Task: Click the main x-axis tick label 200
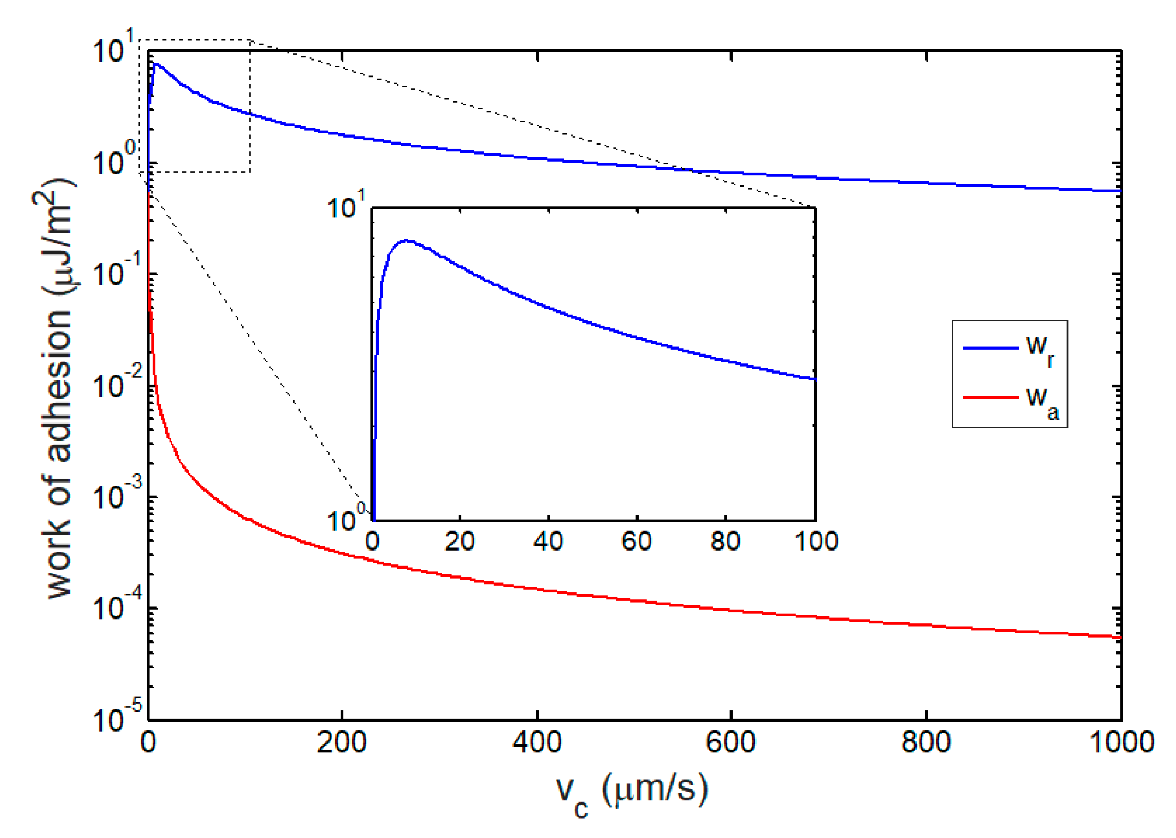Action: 341,742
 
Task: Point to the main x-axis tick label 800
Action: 926,742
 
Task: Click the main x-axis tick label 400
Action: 536,742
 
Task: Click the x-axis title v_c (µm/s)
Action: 631,792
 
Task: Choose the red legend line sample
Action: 990,397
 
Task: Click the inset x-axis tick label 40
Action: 548,541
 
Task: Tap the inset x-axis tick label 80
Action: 725,541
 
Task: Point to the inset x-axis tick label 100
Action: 816,541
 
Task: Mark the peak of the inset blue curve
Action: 407,240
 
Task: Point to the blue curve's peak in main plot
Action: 155,64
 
